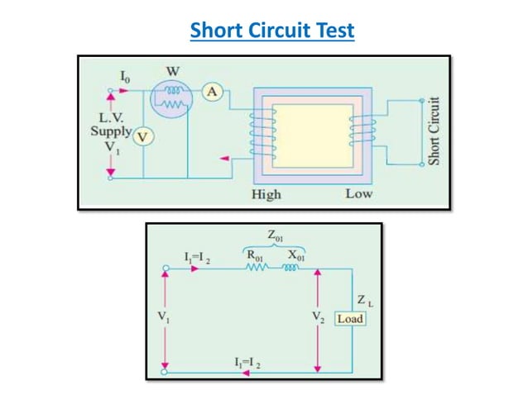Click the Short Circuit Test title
pos(272,31)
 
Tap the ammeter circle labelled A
pos(212,93)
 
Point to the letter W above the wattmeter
pos(174,71)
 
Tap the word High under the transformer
pos(266,194)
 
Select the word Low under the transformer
pos(358,194)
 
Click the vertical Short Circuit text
pos(434,131)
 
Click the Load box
pos(349,318)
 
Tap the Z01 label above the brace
pos(272,237)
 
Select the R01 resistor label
pos(254,256)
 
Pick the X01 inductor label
pos(293,256)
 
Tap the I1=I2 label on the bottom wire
pos(247,362)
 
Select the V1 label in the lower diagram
pos(163,316)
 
